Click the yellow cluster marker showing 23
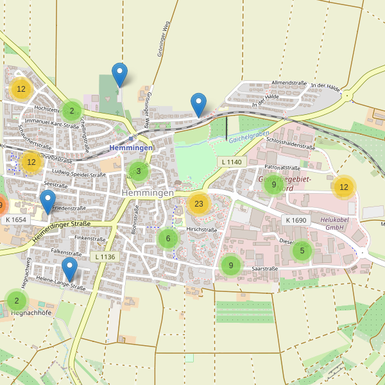tap(199, 204)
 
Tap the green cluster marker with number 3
tap(138, 171)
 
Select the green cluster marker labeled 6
tap(168, 239)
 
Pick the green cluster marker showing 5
tap(302, 251)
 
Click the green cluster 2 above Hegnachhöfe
tap(17, 300)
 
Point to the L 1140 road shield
tap(231, 162)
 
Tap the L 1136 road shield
tap(105, 257)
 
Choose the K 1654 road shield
tap(15, 219)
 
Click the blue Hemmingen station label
tap(131, 148)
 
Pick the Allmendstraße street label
tap(289, 83)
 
